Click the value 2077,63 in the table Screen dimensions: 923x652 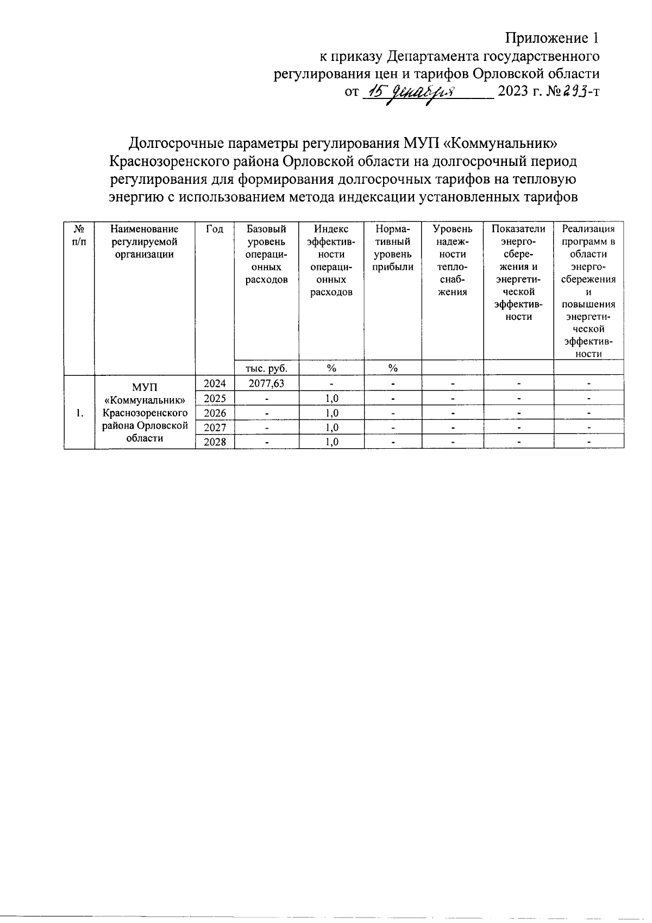pyautogui.click(x=266, y=383)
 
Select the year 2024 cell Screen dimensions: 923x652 pyautogui.click(x=215, y=383)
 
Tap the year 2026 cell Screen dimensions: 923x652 pyautogui.click(x=215, y=413)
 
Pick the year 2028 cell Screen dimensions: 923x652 pyautogui.click(x=215, y=442)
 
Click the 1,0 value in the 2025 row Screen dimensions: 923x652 pyautogui.click(x=331, y=398)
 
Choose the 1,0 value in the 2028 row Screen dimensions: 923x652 pyautogui.click(x=331, y=442)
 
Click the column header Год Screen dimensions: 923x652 pyautogui.click(x=215, y=230)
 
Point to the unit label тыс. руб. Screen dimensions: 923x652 pyautogui.click(x=266, y=368)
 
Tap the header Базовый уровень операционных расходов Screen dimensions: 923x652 pyautogui.click(x=266, y=254)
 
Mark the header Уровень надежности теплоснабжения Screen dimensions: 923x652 pyautogui.click(x=453, y=260)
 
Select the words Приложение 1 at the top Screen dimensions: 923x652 pyautogui.click(x=553, y=38)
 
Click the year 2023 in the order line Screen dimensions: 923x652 pyautogui.click(x=513, y=92)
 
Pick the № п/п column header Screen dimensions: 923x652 pyautogui.click(x=79, y=236)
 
